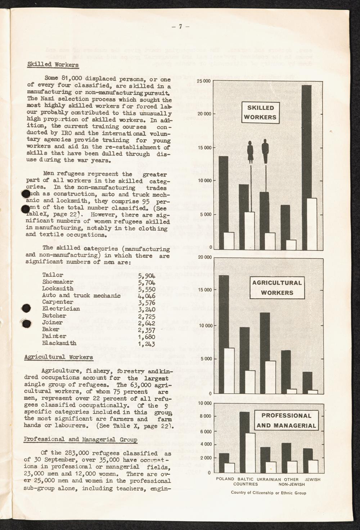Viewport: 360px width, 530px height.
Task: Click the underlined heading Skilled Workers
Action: pyautogui.click(x=53, y=65)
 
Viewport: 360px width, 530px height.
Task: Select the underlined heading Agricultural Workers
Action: pyautogui.click(x=58, y=357)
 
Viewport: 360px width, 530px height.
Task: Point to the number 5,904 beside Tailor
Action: pyautogui.click(x=146, y=275)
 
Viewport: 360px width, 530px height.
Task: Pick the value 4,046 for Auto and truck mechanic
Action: pyautogui.click(x=146, y=295)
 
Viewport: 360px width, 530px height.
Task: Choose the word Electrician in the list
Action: pyautogui.click(x=61, y=309)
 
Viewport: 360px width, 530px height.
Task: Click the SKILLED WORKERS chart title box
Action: pyautogui.click(x=261, y=112)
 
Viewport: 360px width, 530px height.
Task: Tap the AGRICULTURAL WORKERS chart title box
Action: pyautogui.click(x=277, y=287)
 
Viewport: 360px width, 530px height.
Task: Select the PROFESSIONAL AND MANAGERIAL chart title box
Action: pyautogui.click(x=286, y=421)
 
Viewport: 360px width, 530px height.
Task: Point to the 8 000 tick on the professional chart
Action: pyautogui.click(x=205, y=416)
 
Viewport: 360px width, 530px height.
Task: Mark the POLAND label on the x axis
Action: pyautogui.click(x=225, y=479)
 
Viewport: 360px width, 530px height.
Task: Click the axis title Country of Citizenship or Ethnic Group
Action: pyautogui.click(x=269, y=493)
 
